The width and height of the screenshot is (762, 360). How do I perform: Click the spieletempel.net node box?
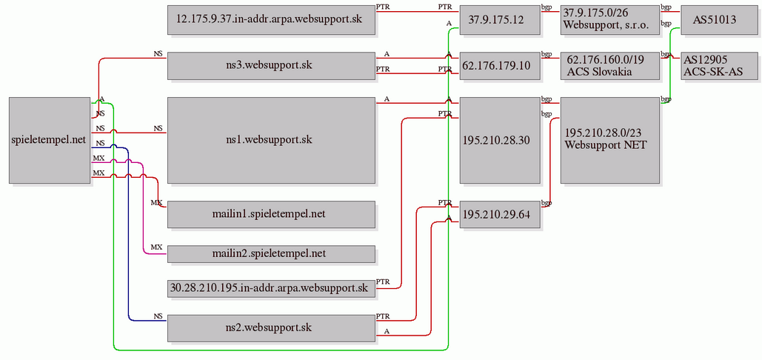49,139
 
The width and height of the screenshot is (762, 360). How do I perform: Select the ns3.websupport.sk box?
271,65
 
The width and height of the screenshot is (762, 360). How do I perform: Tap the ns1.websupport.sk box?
271,139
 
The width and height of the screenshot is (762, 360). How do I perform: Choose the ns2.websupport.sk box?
271,327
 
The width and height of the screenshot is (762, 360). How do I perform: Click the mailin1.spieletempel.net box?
271,214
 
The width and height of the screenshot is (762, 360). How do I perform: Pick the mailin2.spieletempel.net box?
271,253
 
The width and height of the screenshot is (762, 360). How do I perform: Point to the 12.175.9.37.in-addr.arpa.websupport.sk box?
271,20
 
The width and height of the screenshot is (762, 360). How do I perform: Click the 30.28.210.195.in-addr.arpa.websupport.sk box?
271,287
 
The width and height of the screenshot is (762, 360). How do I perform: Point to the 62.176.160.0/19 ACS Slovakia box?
609,65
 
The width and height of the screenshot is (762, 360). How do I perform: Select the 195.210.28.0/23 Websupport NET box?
609,139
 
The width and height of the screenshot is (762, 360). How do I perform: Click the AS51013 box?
715,20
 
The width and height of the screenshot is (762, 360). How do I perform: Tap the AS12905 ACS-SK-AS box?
715,65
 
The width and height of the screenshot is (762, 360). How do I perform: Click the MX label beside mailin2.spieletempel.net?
156,247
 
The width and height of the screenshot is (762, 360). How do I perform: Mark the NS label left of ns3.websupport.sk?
158,54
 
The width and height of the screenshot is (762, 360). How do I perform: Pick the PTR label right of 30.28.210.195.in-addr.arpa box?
383,282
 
